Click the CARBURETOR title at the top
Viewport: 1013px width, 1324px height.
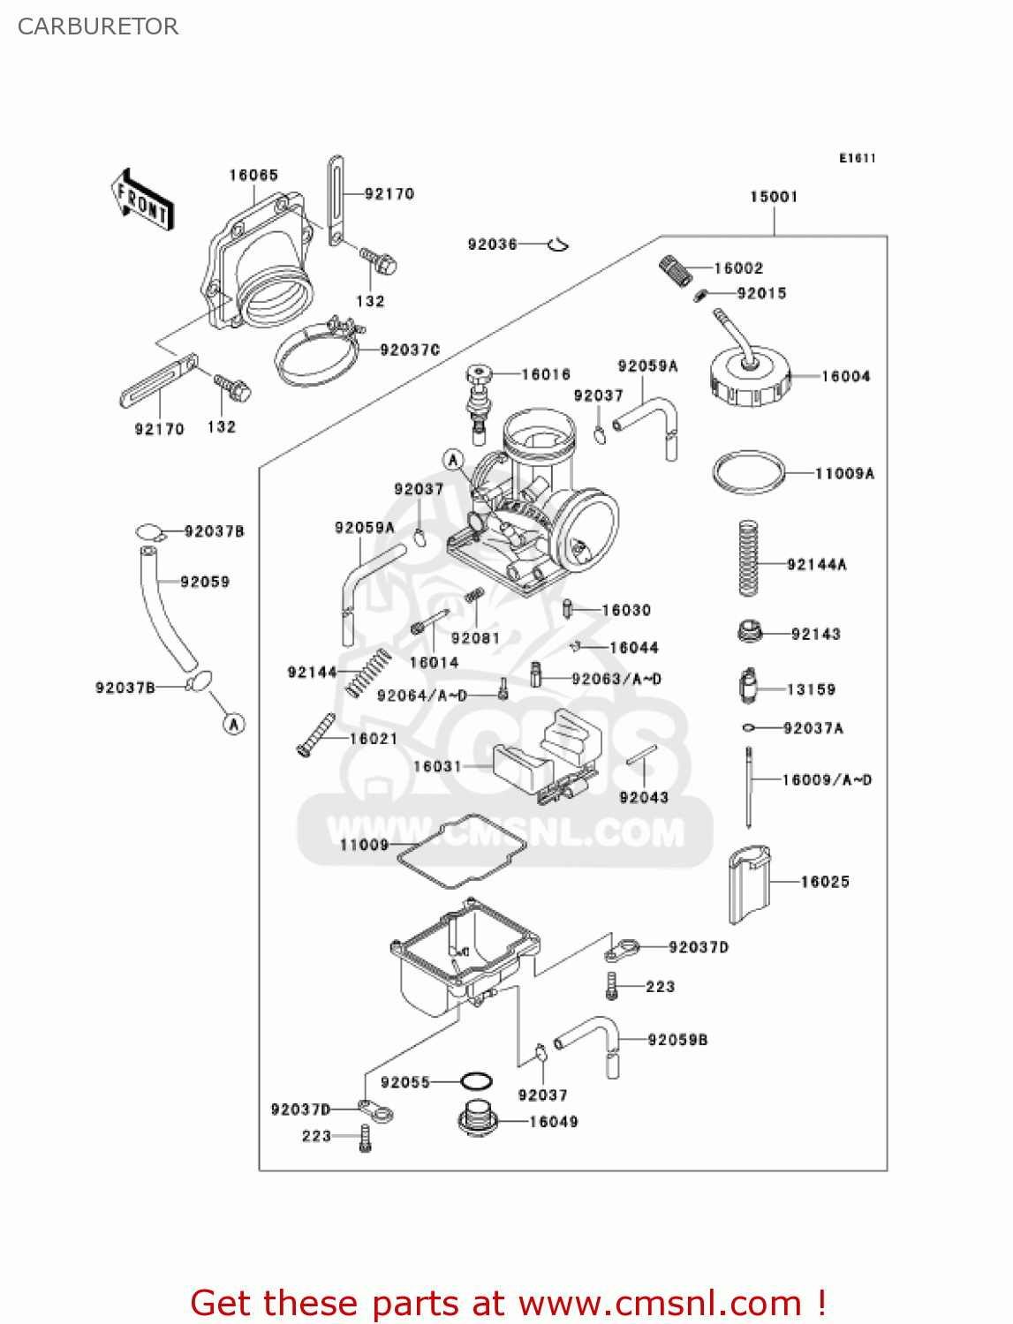click(98, 26)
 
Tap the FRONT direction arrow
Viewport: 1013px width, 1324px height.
click(142, 200)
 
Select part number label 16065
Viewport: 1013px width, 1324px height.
click(253, 175)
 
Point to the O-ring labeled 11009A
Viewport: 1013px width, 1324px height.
click(748, 472)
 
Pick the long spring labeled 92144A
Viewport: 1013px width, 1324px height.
click(748, 558)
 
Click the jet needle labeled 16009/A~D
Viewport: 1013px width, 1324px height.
click(749, 786)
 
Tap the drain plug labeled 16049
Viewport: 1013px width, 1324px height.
click(478, 1119)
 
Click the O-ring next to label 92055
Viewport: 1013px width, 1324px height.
click(476, 1081)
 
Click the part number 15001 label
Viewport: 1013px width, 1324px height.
click(774, 197)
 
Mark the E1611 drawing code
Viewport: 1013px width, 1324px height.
click(857, 158)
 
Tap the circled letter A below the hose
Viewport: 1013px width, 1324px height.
click(233, 724)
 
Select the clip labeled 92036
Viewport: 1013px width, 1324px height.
click(557, 244)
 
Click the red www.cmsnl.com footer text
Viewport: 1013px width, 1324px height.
click(508, 1303)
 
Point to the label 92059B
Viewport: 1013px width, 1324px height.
click(677, 1040)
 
